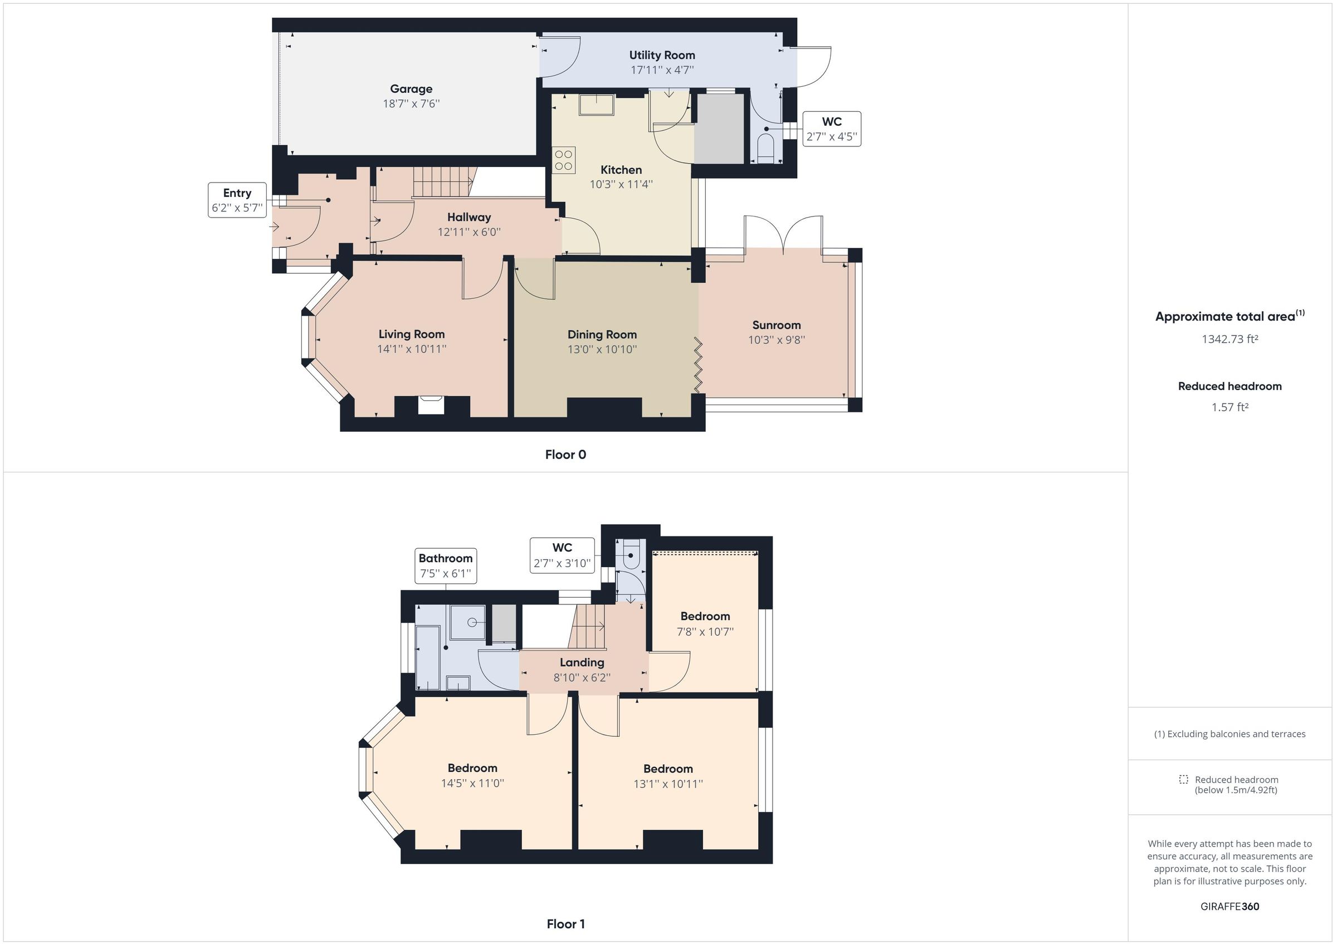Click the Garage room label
coord(411,89)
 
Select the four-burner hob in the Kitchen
coord(564,160)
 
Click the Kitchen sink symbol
coord(596,105)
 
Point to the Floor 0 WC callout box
coord(831,129)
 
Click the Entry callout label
coord(237,193)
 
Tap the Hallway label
coord(469,217)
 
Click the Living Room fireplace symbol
coord(431,405)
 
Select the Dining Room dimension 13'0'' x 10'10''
coord(602,349)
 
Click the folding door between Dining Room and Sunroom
coord(698,365)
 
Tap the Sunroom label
coord(776,325)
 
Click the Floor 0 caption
coord(565,455)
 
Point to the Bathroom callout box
coord(446,565)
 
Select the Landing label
coord(582,662)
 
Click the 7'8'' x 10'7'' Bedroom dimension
coord(705,631)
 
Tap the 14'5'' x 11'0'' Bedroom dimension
coord(472,783)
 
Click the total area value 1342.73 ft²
coord(1230,339)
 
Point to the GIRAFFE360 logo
coord(1230,906)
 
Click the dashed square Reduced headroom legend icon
coord(1183,779)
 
